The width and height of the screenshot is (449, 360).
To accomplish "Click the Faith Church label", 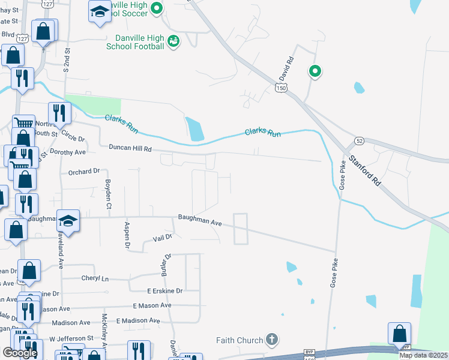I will [x=240, y=340].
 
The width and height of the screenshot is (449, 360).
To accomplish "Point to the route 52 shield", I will [x=359, y=140].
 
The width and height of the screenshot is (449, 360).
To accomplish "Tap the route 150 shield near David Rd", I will [x=282, y=88].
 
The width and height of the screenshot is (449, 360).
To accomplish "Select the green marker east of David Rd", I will [x=315, y=71].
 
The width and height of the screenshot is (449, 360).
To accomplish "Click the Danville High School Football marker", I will [x=173, y=41].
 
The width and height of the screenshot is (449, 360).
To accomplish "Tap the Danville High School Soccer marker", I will [x=157, y=8].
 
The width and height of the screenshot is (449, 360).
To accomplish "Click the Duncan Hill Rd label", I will [x=130, y=148].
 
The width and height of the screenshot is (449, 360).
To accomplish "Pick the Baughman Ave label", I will [x=200, y=221].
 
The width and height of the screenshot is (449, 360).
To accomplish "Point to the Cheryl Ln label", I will [x=95, y=278].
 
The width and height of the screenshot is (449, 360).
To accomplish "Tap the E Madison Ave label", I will [x=138, y=321].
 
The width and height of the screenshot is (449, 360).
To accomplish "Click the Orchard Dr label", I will [x=83, y=172].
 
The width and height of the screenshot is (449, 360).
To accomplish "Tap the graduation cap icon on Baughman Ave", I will [x=68, y=220].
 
